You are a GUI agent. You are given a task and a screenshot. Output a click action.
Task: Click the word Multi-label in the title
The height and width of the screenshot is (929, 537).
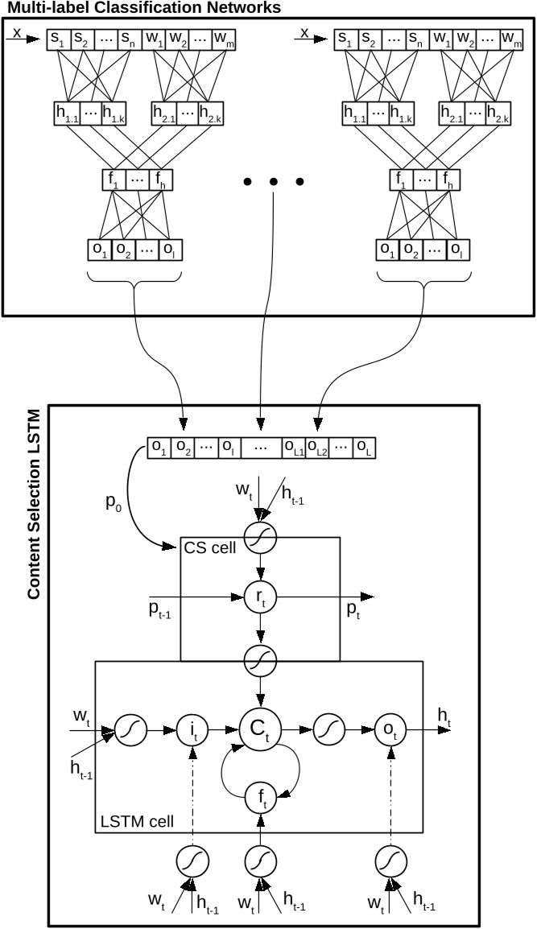[42, 8]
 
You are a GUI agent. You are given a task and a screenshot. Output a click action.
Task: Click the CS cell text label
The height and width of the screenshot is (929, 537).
[209, 549]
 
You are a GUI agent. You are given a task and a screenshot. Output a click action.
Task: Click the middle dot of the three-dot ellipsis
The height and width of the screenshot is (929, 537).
[275, 183]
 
